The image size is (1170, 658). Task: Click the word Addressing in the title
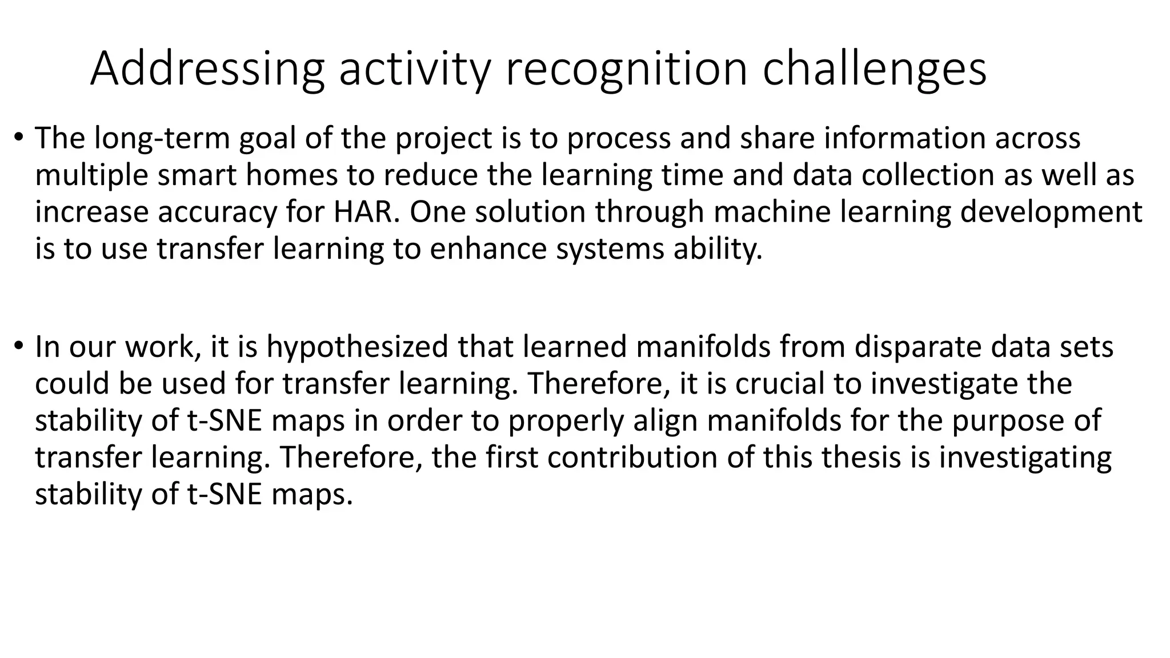(207, 69)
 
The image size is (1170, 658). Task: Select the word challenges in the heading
(875, 69)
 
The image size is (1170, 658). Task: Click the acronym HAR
(363, 212)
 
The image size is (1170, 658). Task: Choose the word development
(1051, 212)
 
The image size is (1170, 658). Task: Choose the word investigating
(1025, 458)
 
